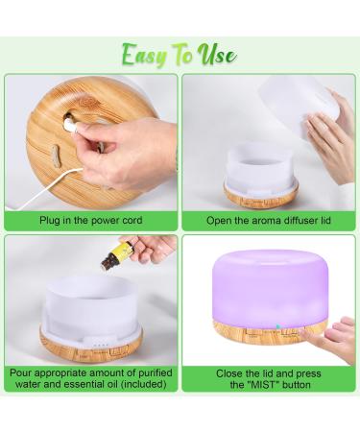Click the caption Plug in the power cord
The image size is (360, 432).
(x=91, y=220)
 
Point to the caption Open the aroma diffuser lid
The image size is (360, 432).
(x=268, y=220)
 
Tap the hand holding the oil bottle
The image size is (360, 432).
(x=155, y=248)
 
